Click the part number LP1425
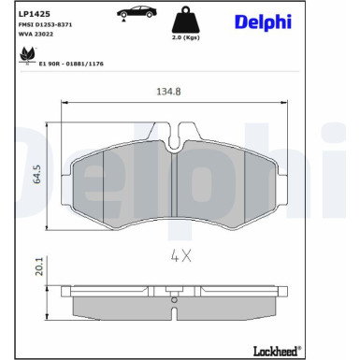[x=35, y=14]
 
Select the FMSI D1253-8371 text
[x=46, y=24]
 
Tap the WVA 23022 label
[x=36, y=34]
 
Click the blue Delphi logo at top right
[x=263, y=22]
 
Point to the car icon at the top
[x=137, y=12]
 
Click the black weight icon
[x=186, y=20]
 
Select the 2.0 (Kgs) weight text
[x=186, y=37]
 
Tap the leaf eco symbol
[x=27, y=55]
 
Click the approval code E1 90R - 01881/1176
[x=71, y=64]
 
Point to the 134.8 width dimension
[x=168, y=92]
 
